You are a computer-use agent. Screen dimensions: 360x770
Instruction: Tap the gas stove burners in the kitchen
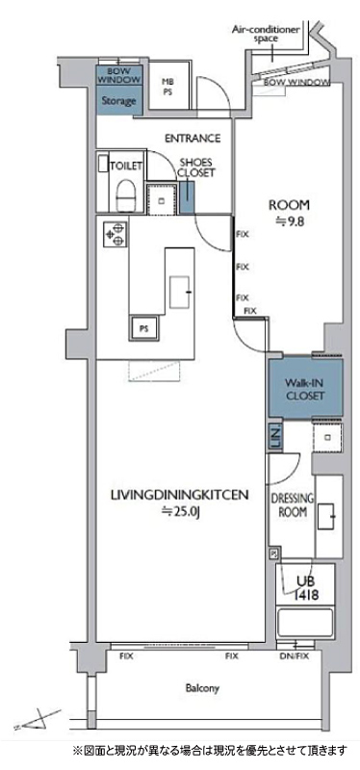116,234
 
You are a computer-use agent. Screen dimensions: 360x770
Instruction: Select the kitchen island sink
179,293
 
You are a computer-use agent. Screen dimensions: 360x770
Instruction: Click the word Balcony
202,688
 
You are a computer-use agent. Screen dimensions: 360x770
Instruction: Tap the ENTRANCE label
193,139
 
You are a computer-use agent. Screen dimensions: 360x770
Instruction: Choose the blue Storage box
118,101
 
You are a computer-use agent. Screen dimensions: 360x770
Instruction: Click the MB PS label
167,87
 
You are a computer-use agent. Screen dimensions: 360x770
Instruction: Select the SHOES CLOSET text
195,167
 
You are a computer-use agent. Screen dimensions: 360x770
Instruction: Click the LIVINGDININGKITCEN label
180,495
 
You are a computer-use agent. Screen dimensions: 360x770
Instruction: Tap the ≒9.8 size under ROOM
289,220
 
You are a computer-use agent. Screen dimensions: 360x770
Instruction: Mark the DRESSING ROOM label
290,504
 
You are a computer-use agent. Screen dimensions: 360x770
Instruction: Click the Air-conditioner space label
266,34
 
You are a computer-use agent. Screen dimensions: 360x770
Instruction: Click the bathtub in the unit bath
305,623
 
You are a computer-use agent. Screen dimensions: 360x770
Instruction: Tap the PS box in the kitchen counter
143,328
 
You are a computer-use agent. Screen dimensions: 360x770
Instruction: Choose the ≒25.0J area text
180,512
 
